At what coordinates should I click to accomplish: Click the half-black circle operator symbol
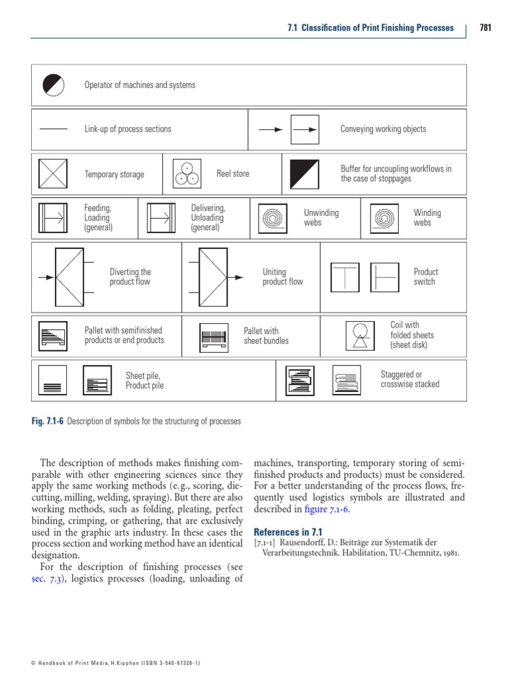tap(53, 85)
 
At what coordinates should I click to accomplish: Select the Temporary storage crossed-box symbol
tap(53, 174)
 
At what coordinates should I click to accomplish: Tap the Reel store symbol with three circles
tap(187, 173)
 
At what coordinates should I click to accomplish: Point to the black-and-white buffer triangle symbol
tap(304, 173)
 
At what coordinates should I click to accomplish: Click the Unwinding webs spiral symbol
tap(273, 217)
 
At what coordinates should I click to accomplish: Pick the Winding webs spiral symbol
tap(384, 217)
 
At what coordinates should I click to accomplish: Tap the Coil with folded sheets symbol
tap(360, 335)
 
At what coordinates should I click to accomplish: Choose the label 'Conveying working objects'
tap(383, 129)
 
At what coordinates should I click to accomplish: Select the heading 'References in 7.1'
tap(288, 532)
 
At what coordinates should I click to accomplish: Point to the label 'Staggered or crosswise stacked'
tap(409, 379)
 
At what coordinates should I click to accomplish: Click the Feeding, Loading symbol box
tap(53, 217)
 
